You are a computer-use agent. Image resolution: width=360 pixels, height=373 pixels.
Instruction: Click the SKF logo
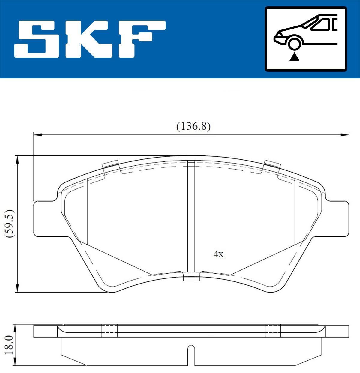[90, 39]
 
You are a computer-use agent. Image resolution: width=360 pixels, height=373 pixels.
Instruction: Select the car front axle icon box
[306, 39]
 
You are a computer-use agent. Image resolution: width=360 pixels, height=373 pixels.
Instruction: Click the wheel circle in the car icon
[294, 43]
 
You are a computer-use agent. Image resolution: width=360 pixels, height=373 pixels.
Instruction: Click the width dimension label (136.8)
[193, 126]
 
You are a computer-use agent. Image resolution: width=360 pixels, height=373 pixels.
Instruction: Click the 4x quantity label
[218, 254]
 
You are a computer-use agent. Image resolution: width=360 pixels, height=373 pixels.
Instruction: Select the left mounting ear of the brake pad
[45, 218]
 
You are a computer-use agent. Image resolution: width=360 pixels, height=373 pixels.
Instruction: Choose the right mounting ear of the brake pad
[337, 218]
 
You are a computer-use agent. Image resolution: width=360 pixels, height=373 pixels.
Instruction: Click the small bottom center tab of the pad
[191, 278]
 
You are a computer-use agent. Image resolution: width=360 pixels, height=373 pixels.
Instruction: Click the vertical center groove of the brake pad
[191, 216]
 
